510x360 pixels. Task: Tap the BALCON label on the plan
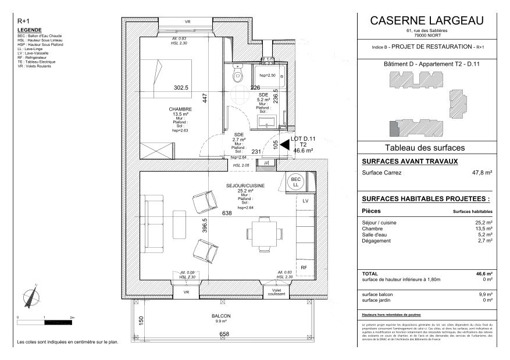(x=221, y=316)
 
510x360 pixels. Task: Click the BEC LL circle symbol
(x=296, y=182)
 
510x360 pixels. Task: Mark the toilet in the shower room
(x=238, y=76)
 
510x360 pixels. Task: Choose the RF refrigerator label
(x=304, y=267)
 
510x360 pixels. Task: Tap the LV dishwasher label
(x=304, y=201)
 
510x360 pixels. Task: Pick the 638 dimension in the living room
(x=227, y=213)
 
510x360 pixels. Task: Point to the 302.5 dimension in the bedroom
(x=181, y=88)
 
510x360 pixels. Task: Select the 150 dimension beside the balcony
(x=140, y=320)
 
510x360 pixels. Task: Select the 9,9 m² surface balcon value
(x=484, y=294)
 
